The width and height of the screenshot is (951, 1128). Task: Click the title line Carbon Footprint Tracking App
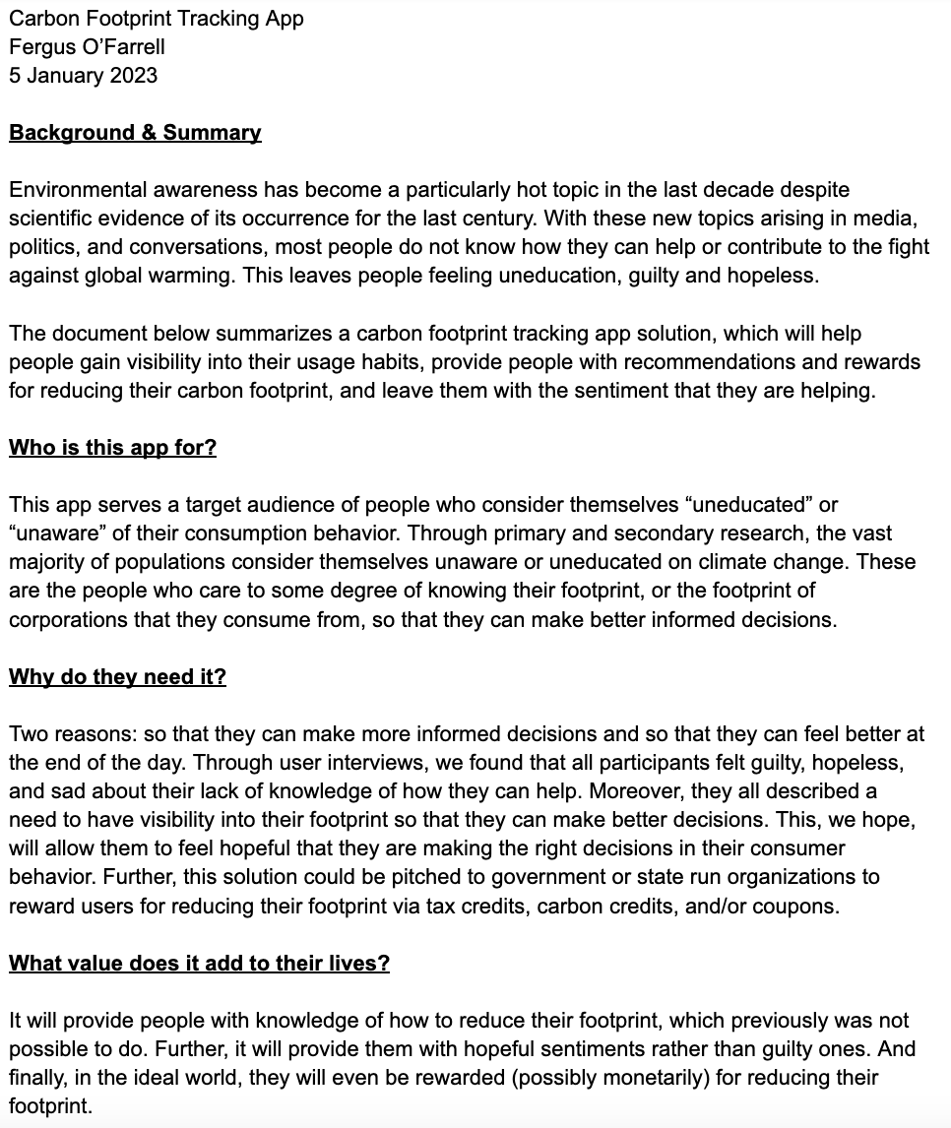157,19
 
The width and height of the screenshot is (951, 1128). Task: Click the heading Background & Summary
135,133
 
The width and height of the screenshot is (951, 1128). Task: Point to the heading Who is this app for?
112,448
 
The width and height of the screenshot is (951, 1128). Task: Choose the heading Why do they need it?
117,677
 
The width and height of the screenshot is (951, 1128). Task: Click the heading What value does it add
199,964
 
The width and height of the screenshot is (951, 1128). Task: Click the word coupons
799,906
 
